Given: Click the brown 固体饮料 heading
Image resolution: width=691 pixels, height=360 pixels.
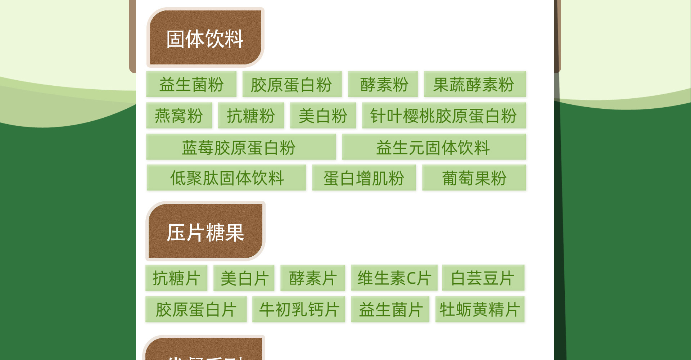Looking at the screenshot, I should click(x=205, y=38).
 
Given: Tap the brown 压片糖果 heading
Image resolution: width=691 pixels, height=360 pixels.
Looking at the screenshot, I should click(x=205, y=232).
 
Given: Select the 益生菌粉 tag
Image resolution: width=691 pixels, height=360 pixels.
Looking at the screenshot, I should click(x=191, y=84).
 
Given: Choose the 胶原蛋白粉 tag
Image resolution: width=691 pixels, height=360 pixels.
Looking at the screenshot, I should click(x=292, y=84).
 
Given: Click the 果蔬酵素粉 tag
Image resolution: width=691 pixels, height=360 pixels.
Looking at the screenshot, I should click(x=475, y=84).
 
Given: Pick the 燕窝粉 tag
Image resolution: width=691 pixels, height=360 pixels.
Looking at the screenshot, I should click(x=179, y=116).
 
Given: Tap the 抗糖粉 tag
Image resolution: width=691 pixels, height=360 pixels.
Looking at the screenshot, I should click(x=251, y=116).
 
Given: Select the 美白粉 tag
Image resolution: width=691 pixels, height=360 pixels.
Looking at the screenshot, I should click(x=323, y=116).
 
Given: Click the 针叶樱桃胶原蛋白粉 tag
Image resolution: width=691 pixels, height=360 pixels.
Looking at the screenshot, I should click(x=444, y=116).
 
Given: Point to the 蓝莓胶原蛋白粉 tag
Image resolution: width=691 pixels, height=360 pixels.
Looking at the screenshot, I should click(x=241, y=147).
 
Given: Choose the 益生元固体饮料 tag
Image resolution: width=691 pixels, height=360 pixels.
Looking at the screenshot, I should click(x=434, y=147).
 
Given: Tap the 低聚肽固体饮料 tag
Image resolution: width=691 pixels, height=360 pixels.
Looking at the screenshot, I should click(x=226, y=178).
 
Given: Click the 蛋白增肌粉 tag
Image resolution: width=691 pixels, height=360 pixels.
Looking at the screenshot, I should click(x=364, y=178).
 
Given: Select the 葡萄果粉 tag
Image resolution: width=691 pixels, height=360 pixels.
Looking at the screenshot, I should click(x=474, y=178).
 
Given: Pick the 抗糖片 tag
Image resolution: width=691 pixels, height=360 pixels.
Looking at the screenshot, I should click(x=176, y=278).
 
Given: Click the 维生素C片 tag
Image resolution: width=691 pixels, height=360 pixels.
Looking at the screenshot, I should click(x=394, y=278).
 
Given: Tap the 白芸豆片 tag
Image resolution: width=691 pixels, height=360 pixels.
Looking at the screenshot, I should click(x=483, y=278).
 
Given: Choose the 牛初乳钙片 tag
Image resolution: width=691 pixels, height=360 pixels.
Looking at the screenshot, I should click(x=298, y=309).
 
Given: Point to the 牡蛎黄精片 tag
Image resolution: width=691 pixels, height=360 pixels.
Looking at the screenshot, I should click(x=480, y=309).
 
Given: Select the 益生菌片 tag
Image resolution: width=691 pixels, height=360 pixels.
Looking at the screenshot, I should click(x=390, y=309).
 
